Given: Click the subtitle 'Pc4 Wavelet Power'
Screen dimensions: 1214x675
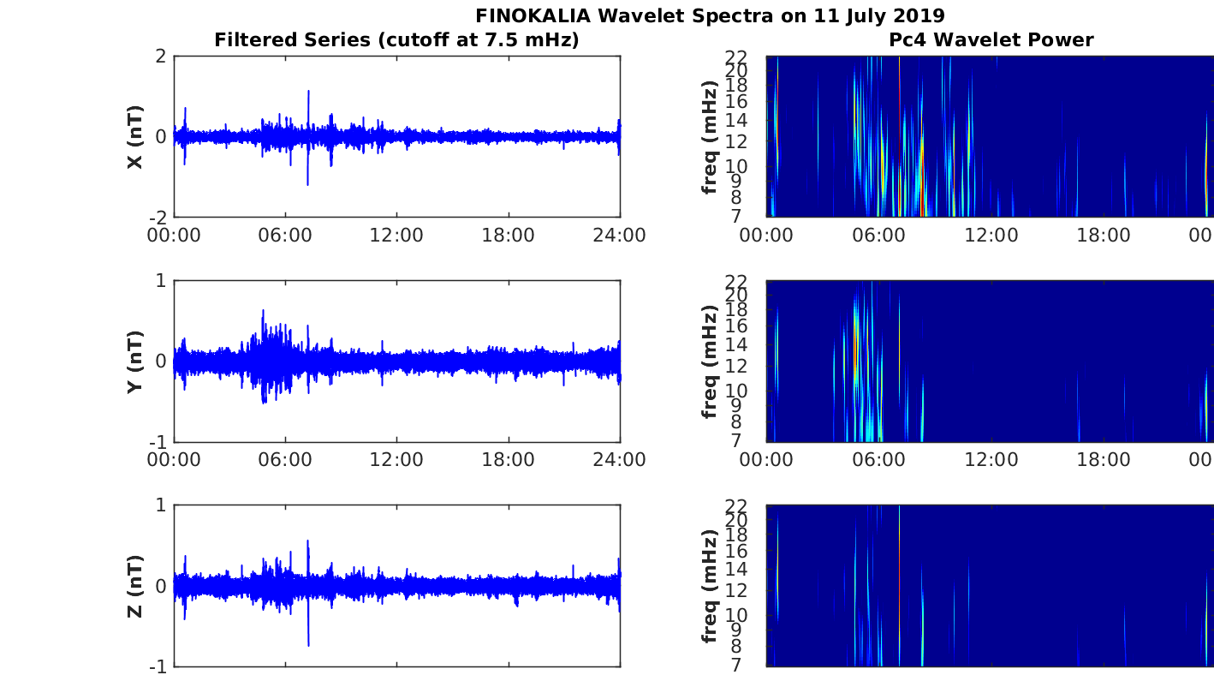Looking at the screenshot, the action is [991, 39].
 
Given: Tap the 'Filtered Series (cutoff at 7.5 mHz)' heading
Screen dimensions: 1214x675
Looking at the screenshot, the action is [396, 40].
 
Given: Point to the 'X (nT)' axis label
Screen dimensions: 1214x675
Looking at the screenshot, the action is [135, 137].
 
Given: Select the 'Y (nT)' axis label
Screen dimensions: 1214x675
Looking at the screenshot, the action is [135, 361].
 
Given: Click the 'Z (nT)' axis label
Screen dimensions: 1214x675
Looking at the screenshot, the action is [135, 586].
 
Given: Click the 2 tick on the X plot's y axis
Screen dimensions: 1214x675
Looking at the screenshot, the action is [161, 56].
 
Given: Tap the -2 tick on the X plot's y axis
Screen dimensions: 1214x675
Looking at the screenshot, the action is [158, 218].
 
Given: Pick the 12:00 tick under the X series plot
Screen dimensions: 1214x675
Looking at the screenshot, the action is [396, 236].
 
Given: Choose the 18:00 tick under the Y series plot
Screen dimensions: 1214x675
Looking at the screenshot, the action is [509, 460].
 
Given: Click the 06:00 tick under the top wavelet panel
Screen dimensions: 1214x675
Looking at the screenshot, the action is [878, 236].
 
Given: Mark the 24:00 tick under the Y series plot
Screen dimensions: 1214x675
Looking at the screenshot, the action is [620, 460].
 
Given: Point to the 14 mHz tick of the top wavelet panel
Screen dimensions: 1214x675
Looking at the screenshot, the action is [736, 120].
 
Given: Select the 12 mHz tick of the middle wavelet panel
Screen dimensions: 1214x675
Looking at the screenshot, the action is [736, 366].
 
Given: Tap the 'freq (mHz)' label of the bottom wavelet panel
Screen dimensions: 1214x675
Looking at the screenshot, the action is [709, 586].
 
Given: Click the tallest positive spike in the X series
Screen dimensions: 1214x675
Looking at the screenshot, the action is [308, 92].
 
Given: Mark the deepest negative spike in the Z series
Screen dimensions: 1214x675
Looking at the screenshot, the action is [308, 645].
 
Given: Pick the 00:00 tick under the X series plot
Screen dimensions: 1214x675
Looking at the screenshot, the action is [174, 236].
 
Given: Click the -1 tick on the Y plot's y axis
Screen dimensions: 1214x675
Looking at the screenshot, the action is [158, 442].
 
